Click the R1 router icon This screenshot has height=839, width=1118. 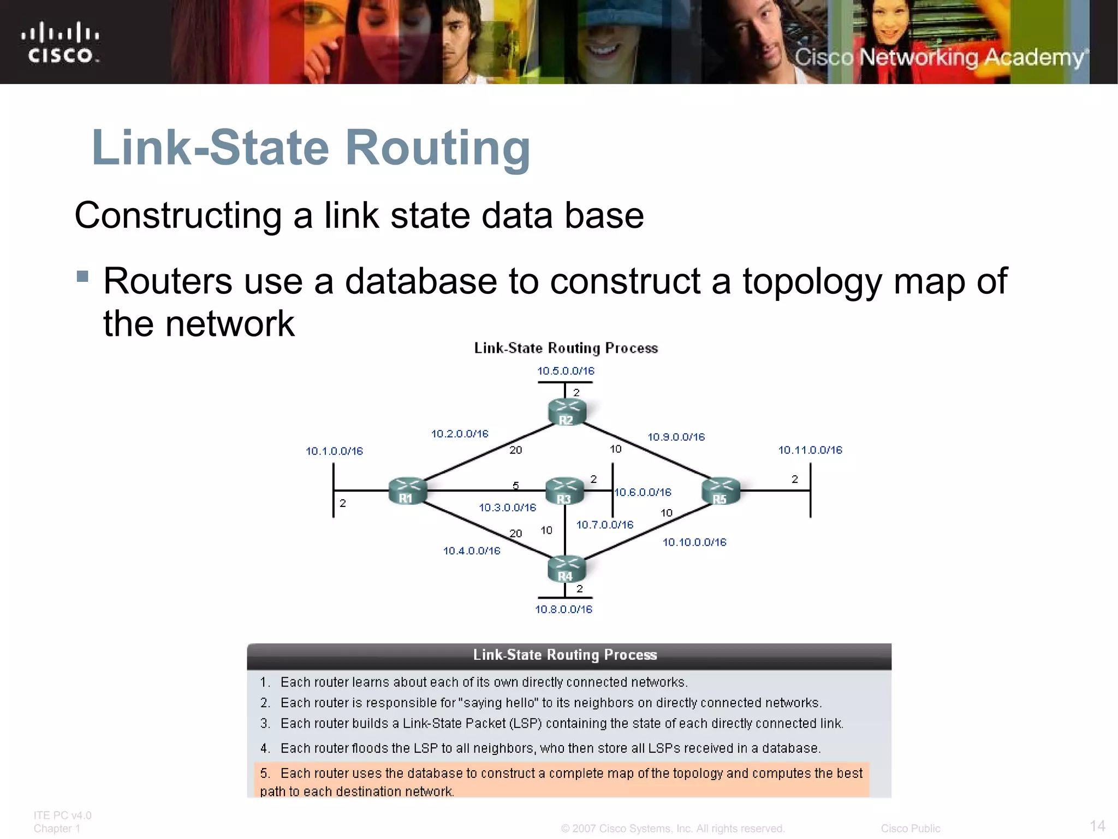pyautogui.click(x=407, y=491)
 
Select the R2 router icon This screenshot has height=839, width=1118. pyautogui.click(x=567, y=412)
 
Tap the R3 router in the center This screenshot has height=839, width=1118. pyautogui.click(x=564, y=491)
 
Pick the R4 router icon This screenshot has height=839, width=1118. pyautogui.click(x=566, y=569)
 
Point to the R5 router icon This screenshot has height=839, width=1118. pyautogui.click(x=721, y=491)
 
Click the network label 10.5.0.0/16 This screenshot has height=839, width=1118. pyautogui.click(x=566, y=371)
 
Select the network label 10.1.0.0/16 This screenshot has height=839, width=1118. pyautogui.click(x=334, y=451)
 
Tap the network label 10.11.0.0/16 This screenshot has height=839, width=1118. pyautogui.click(x=810, y=450)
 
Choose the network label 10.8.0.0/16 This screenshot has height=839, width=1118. pyautogui.click(x=563, y=609)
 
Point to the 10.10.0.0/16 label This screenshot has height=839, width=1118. pyautogui.click(x=694, y=542)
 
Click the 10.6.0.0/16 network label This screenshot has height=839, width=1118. pyautogui.click(x=643, y=492)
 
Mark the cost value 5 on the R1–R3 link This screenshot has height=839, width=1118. pyautogui.click(x=515, y=486)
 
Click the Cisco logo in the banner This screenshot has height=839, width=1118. pyautogui.click(x=61, y=43)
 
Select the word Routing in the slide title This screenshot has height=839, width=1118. pyautogui.click(x=438, y=147)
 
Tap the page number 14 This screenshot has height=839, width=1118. pyautogui.click(x=1097, y=825)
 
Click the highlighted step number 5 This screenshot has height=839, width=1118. pyautogui.click(x=265, y=773)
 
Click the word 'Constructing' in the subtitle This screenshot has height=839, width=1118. pyautogui.click(x=178, y=215)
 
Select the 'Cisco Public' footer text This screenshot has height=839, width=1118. pyautogui.click(x=910, y=828)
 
